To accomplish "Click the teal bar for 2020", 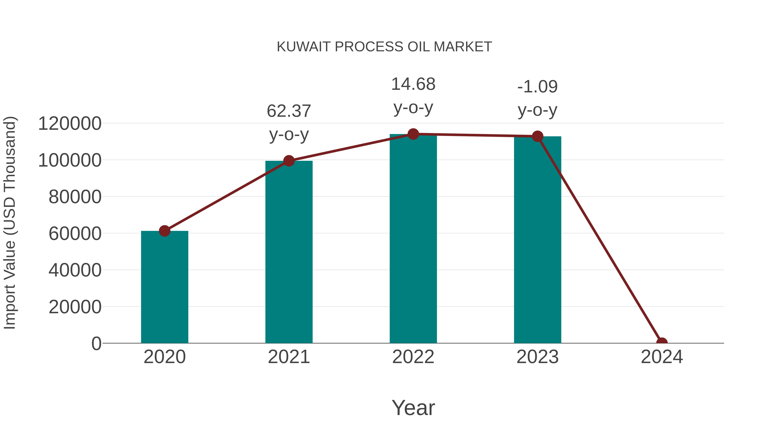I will coord(164,287).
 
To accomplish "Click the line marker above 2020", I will coord(164,231).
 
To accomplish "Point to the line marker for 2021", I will coord(289,161).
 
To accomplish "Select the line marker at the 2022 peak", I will coord(413,134).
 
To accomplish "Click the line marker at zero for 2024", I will coord(662,343).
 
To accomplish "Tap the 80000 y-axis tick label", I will coord(75,197).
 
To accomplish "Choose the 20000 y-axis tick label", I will coord(75,307).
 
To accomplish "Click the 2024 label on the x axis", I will coord(662,357).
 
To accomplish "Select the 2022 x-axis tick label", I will coord(413,357).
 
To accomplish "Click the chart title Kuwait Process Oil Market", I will coord(384,47).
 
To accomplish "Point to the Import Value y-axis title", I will coord(10,223).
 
